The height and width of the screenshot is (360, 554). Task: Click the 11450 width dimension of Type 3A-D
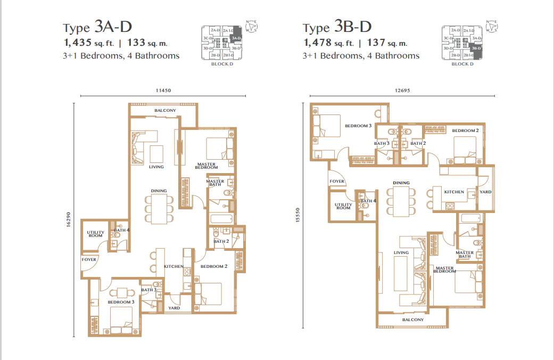(163, 91)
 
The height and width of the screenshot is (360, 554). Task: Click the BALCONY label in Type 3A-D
(165, 110)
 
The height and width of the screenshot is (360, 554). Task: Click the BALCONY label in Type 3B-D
(412, 320)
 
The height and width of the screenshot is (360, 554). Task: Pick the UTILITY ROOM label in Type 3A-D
(96, 233)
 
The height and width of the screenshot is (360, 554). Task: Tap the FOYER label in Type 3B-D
(337, 181)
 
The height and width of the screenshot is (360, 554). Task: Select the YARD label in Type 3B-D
(485, 192)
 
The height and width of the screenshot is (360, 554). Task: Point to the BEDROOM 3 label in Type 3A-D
(121, 302)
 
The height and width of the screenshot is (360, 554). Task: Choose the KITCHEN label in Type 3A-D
(173, 266)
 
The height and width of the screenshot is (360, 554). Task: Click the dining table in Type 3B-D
(401, 202)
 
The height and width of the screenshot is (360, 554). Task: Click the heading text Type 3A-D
(97, 27)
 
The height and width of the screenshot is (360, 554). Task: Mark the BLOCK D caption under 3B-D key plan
(462, 64)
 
